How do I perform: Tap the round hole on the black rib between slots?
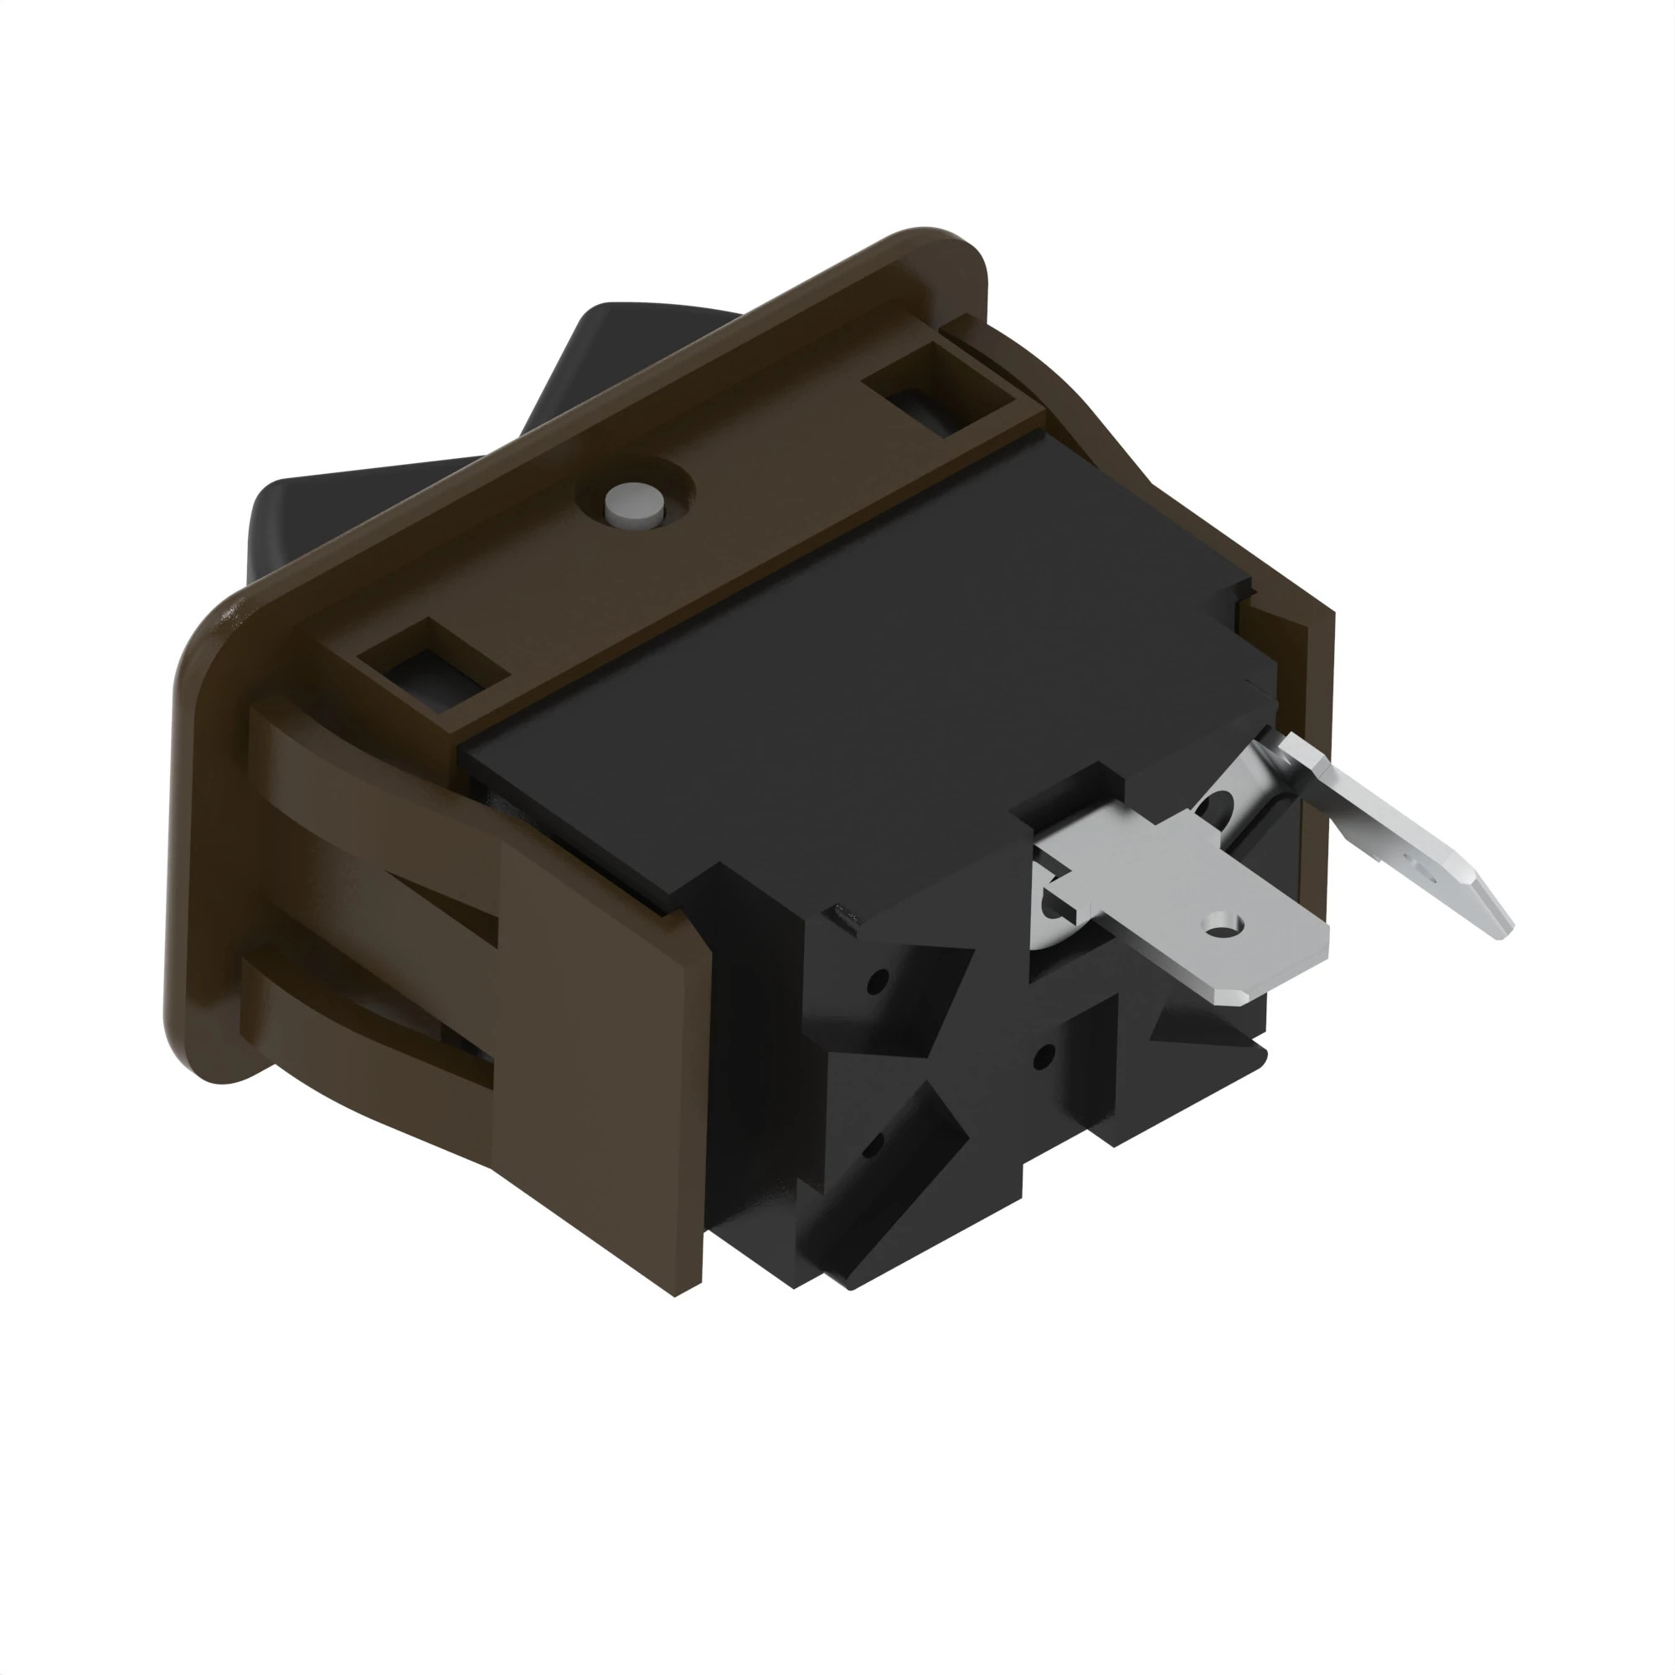(1045, 1056)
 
